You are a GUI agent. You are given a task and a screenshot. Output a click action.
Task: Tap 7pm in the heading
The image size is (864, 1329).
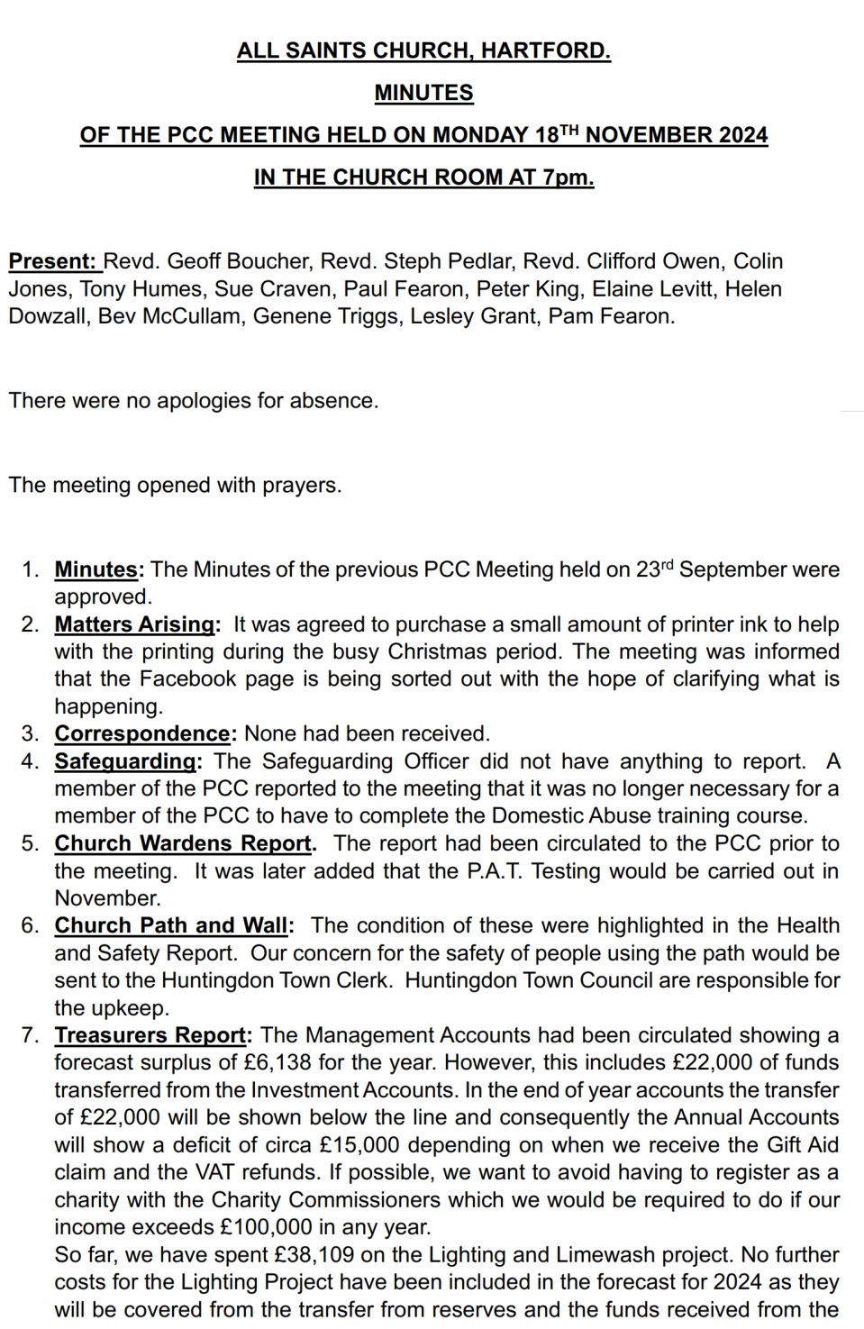pyautogui.click(x=567, y=177)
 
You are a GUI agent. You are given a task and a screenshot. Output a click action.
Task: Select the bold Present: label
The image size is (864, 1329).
pyautogui.click(x=53, y=261)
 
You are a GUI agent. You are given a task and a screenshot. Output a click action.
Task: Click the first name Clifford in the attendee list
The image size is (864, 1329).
pyautogui.click(x=623, y=261)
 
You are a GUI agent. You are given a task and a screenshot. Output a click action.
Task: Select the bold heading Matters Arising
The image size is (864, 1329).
pyautogui.click(x=135, y=624)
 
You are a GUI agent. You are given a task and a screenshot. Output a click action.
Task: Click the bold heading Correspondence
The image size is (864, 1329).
pyautogui.click(x=142, y=733)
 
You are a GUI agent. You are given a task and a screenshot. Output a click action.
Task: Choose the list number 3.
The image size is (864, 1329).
pyautogui.click(x=30, y=733)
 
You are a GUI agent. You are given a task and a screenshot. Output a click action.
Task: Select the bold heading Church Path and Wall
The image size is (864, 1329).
pyautogui.click(x=171, y=925)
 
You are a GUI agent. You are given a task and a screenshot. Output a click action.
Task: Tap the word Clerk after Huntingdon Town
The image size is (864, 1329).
pyautogui.click(x=360, y=980)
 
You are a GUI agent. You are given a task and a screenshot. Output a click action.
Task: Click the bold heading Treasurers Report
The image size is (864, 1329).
pyautogui.click(x=150, y=1035)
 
